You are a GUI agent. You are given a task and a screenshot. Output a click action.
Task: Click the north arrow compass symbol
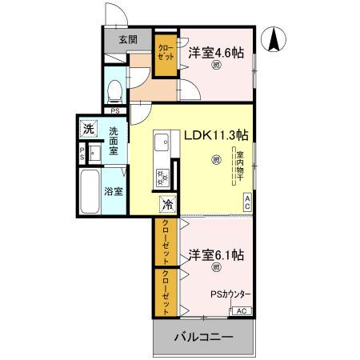[277, 38]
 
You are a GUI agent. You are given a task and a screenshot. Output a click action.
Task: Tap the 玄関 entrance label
[128, 38]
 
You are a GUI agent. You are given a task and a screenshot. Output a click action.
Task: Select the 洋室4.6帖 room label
[216, 52]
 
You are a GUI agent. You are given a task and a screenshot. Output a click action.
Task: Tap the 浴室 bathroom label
[114, 191]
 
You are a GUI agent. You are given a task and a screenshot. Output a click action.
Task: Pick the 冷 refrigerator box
[167, 204]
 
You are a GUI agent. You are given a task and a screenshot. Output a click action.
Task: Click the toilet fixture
[114, 91]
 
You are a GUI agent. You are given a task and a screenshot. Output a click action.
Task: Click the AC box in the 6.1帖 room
[243, 311]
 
